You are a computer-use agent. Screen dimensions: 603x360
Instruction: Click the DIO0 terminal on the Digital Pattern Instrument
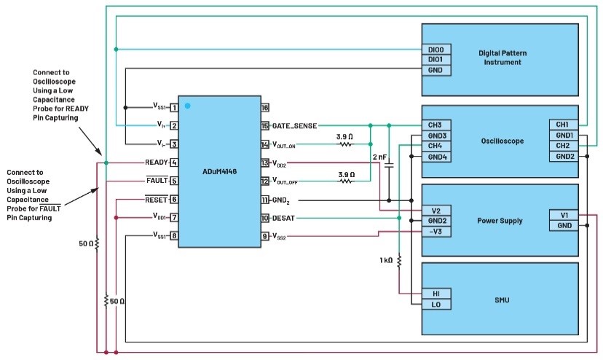click(x=436, y=50)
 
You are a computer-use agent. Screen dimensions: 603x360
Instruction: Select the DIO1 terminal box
click(x=436, y=60)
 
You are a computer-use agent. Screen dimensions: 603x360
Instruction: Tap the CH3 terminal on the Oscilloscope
click(x=436, y=125)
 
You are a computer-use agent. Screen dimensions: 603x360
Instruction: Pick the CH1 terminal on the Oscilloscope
click(x=564, y=125)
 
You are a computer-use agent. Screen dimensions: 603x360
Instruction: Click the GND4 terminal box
click(x=436, y=157)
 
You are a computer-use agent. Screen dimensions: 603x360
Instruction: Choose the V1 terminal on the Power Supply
click(x=564, y=215)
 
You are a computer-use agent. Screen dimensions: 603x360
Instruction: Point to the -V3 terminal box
click(x=436, y=232)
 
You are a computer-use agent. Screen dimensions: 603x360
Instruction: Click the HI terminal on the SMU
click(x=436, y=294)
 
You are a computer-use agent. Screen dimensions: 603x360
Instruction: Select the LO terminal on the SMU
click(x=436, y=304)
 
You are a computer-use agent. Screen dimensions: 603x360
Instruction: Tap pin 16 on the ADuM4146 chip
click(x=265, y=107)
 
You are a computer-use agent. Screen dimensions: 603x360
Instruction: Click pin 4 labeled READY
click(x=174, y=163)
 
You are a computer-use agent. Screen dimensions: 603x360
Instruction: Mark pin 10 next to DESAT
click(x=265, y=219)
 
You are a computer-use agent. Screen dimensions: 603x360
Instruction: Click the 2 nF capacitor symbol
click(x=389, y=165)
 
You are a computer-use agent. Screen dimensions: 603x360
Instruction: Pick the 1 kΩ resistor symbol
click(x=399, y=261)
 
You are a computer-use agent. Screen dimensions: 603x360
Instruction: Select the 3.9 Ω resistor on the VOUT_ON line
click(x=345, y=144)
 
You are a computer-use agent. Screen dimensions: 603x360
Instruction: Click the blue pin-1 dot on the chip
click(x=187, y=106)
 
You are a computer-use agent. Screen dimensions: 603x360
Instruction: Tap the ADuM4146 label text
click(x=220, y=172)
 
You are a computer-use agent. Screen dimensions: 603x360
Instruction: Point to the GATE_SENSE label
click(x=294, y=126)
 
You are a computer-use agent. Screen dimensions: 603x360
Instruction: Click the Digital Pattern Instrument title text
click(x=502, y=58)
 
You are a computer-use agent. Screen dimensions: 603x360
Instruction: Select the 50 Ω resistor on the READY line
click(x=97, y=243)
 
